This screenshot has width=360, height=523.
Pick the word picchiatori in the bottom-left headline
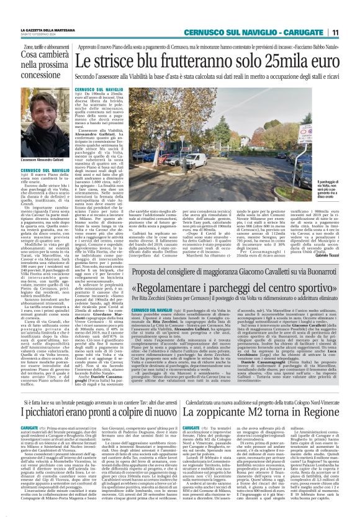click(55, 412)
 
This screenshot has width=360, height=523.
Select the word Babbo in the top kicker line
click(315, 46)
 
